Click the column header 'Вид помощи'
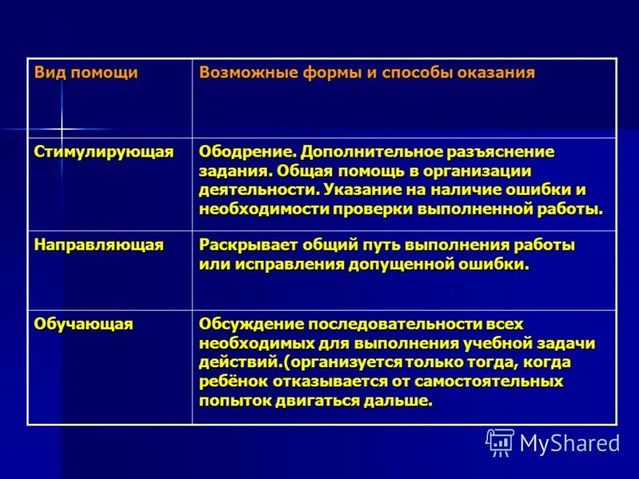tap(86, 73)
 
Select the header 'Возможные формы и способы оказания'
tap(367, 73)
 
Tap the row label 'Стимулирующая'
tap(104, 152)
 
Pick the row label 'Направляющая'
tap(99, 245)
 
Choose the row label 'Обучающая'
tap(84, 323)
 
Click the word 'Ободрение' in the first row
tap(248, 152)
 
